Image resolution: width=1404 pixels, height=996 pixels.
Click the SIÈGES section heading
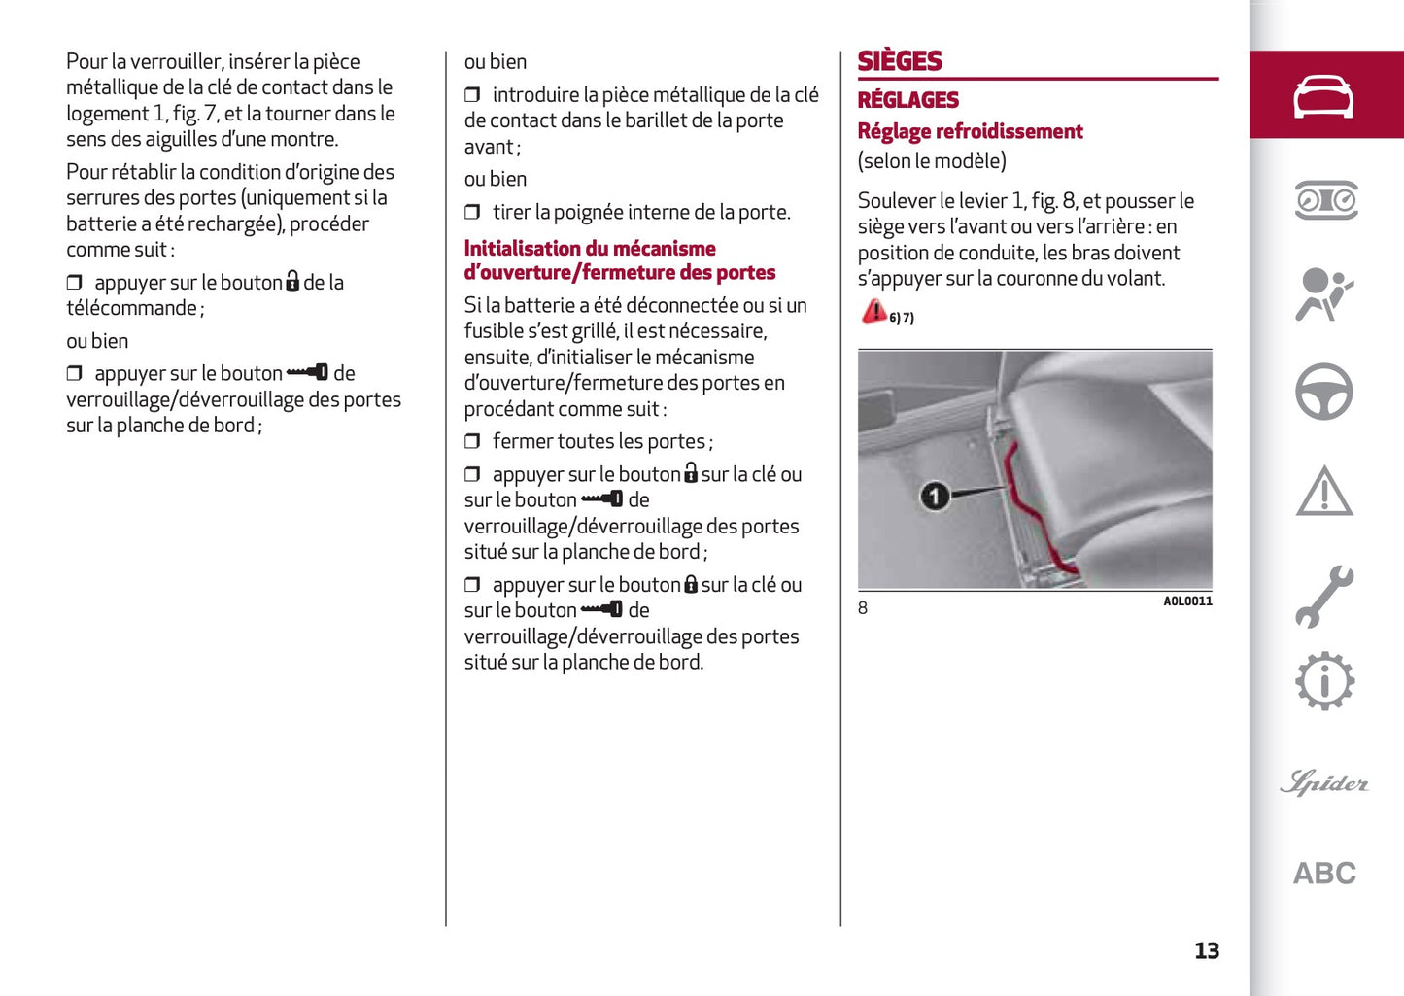pos(900,61)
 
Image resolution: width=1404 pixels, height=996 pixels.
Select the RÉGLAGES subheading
pos(907,100)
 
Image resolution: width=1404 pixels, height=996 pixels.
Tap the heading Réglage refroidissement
pos(970,131)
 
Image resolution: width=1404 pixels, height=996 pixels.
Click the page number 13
pos(1206,950)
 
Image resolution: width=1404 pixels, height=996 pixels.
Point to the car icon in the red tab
pos(1323,96)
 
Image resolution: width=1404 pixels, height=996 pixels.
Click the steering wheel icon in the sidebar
pos(1323,392)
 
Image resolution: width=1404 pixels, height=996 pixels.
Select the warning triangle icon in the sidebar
pos(1323,492)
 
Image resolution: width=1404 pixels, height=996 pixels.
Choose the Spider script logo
pos(1323,782)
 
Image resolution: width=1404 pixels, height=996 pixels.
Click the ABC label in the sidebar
pos(1323,873)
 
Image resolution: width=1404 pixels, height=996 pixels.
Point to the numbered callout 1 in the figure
pos(935,497)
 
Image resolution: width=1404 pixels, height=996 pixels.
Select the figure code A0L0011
pos(1187,601)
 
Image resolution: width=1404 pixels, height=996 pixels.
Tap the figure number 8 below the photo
pos(863,608)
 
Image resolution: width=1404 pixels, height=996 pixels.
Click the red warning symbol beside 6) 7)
pos(873,311)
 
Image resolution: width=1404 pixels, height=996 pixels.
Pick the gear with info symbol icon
pos(1323,681)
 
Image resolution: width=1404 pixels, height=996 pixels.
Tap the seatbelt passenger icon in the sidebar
pos(1323,294)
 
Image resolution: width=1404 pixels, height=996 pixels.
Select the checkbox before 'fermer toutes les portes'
pos(472,442)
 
